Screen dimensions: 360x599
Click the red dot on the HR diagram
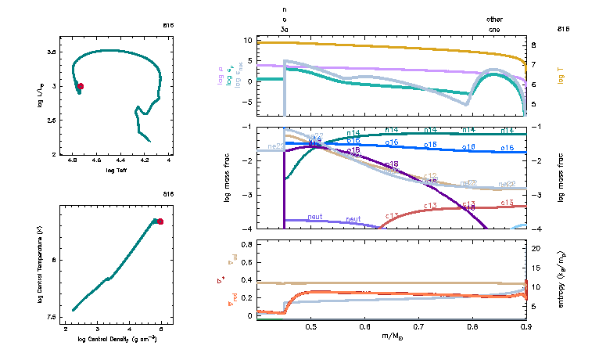80,86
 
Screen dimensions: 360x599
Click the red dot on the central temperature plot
160,221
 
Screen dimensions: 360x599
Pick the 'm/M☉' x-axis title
391,337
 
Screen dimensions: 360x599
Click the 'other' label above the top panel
495,18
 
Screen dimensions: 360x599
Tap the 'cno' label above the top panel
495,28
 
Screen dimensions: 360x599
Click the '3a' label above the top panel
285,28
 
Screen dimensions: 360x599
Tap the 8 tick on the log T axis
533,45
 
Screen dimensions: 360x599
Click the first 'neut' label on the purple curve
316,217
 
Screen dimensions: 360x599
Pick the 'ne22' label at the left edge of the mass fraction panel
275,146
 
